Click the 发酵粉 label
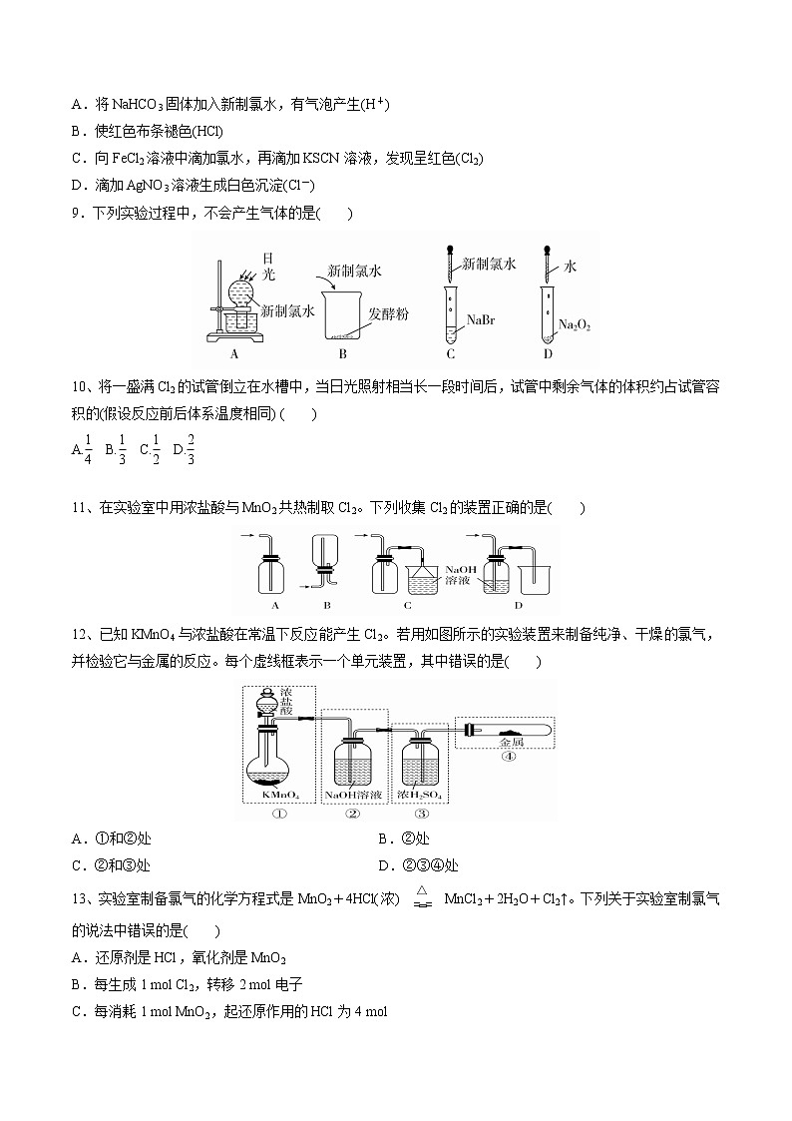pyautogui.click(x=386, y=313)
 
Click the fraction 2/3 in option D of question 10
pyautogui.click(x=190, y=449)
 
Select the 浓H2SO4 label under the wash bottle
pyautogui.click(x=420, y=795)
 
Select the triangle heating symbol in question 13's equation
pyautogui.click(x=422, y=890)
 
